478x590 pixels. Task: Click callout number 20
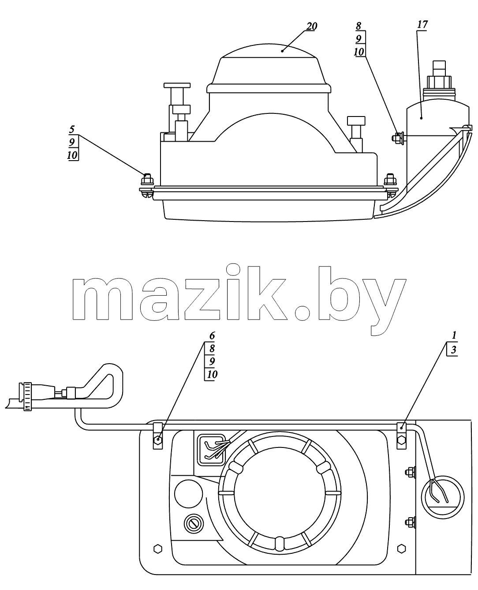[312, 26]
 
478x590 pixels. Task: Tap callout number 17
[422, 24]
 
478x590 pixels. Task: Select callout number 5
[72, 129]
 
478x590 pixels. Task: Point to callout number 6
[212, 336]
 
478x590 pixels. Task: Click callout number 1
[454, 335]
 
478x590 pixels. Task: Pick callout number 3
[453, 349]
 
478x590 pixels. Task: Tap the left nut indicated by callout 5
[147, 180]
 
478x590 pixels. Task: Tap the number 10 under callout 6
[212, 375]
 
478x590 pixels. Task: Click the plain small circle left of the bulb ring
[188, 494]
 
